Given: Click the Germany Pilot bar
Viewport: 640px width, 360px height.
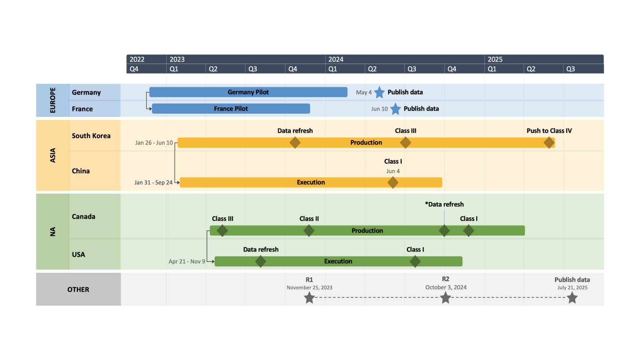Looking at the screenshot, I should (x=248, y=92).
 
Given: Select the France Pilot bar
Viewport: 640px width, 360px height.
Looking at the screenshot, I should (x=231, y=109).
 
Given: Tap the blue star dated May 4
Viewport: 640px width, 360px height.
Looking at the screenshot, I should (x=379, y=92).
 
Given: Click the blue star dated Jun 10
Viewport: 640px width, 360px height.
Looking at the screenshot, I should (x=395, y=109).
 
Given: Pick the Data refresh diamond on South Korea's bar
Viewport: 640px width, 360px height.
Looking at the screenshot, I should (x=295, y=142).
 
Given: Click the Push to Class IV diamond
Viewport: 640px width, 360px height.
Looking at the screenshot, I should (x=549, y=142).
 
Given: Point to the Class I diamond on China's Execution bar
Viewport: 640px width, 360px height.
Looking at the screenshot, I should (x=393, y=182).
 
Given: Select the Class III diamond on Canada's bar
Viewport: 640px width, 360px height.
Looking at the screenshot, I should (x=222, y=230).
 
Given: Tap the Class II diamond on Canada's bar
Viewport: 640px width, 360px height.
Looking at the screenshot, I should (x=309, y=230).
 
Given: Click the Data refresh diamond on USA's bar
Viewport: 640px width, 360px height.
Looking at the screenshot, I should (x=260, y=262).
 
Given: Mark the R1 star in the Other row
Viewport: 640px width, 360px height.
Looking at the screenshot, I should (x=309, y=298).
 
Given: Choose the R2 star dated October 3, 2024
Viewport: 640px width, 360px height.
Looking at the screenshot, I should (x=445, y=298).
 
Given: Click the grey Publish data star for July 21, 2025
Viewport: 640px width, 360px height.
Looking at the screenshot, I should (x=572, y=298).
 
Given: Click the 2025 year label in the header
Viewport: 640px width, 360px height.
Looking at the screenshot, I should (x=495, y=59).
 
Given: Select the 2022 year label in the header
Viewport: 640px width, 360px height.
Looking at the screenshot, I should (x=137, y=59).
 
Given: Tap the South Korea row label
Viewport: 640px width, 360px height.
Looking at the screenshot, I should (x=91, y=136).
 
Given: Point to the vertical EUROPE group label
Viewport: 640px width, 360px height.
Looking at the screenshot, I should (x=52, y=100).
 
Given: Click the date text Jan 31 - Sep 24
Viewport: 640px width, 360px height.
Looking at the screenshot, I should (x=153, y=182).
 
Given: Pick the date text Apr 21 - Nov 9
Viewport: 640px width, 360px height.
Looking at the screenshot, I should (x=186, y=262).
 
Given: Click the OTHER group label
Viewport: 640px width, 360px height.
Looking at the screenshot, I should (x=78, y=290).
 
